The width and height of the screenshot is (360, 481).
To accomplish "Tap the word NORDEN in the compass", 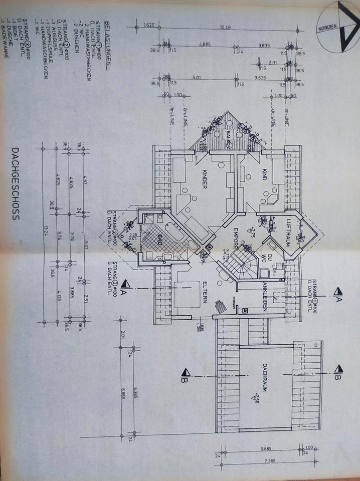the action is point(328,29).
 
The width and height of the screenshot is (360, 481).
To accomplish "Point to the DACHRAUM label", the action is point(264,377).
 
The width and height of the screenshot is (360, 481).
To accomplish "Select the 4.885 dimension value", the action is point(204,45).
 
